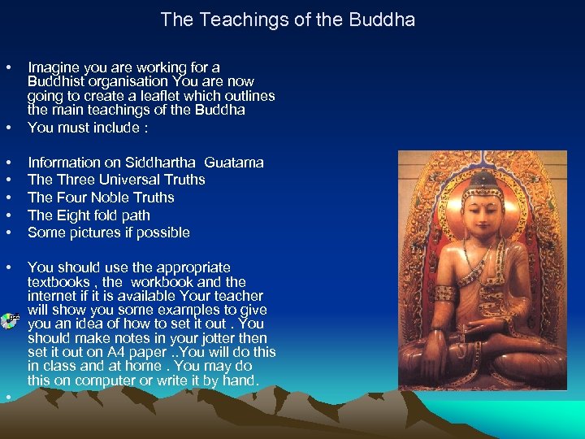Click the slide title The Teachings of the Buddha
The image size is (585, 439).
[x=288, y=20]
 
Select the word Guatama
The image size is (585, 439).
[x=234, y=163]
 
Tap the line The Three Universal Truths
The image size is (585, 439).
[x=116, y=180]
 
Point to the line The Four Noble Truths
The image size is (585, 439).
[x=101, y=198]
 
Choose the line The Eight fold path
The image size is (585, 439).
[x=89, y=215]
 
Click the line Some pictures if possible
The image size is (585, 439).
[x=109, y=233]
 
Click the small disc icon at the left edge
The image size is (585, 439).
[x=7, y=319]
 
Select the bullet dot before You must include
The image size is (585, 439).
[x=7, y=128]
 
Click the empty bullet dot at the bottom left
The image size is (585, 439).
[x=7, y=396]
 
